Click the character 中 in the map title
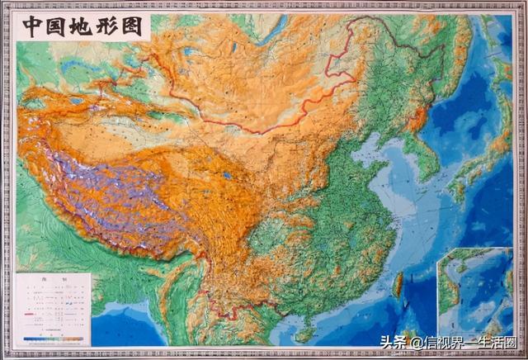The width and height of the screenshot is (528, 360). point(35,26)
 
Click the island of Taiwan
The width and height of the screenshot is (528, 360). point(397,286)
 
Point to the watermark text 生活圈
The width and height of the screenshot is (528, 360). point(502,343)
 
